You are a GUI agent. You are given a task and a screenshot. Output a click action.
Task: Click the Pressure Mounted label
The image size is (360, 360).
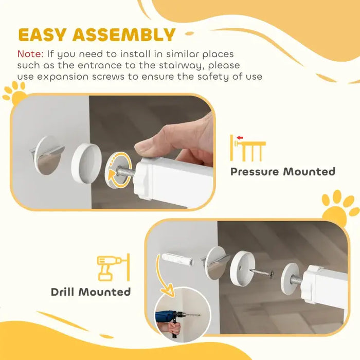[282, 171]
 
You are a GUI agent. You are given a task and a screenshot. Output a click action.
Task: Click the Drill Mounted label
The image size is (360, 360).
[91, 292]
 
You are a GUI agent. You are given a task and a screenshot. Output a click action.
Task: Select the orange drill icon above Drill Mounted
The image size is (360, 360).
[112, 267]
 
